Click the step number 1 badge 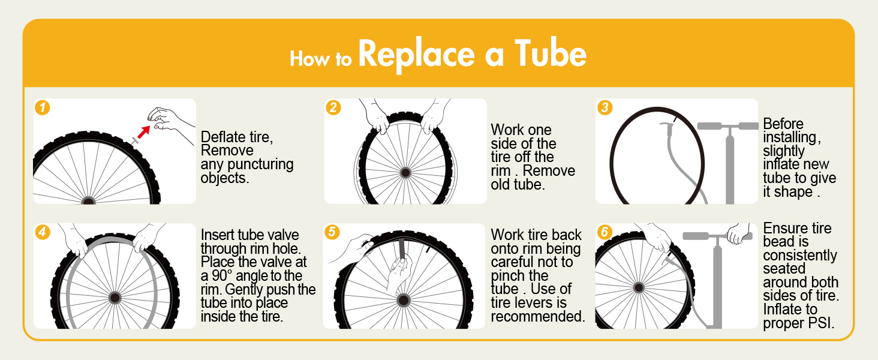tap(43, 108)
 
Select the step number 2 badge tap(333, 108)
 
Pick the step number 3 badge tap(605, 108)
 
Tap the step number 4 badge tap(43, 232)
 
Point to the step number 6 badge tap(605, 232)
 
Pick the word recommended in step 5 tap(537, 316)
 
